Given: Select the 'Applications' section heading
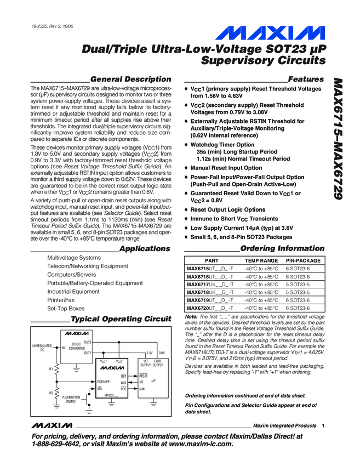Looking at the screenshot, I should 145,248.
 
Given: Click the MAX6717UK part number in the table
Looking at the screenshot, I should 210,285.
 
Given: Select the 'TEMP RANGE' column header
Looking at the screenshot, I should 261,261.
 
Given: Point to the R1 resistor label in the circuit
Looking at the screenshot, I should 51,369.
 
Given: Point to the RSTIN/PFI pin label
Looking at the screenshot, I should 104,380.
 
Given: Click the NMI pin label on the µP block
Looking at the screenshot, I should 142,388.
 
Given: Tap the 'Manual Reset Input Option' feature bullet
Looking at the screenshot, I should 226,168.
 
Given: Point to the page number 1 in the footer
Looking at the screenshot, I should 324,425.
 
